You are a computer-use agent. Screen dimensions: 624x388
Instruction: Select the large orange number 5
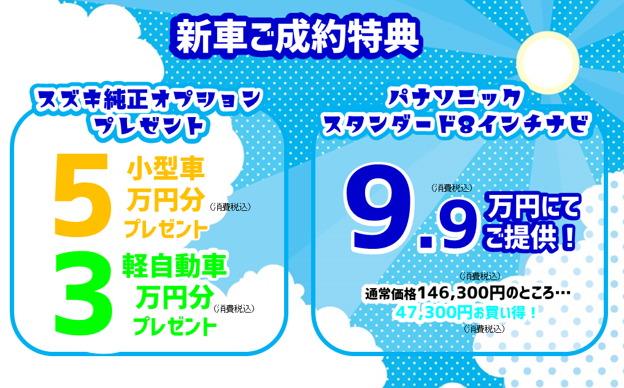[x=82, y=195]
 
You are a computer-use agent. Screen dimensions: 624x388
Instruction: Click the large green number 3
[x=83, y=294]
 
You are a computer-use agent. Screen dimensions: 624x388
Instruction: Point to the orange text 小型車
[x=166, y=169]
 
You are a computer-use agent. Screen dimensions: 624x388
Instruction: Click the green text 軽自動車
[x=174, y=265]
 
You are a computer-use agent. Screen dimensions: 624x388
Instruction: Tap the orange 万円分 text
[x=166, y=200]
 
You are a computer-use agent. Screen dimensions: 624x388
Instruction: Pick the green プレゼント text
[x=175, y=326]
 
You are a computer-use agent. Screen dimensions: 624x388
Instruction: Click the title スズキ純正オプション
[x=148, y=99]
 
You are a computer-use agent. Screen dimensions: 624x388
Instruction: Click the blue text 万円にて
[x=532, y=207]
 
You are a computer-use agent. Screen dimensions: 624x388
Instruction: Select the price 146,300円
[x=461, y=294]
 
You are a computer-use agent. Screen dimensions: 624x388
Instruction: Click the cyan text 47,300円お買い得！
[x=466, y=313]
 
